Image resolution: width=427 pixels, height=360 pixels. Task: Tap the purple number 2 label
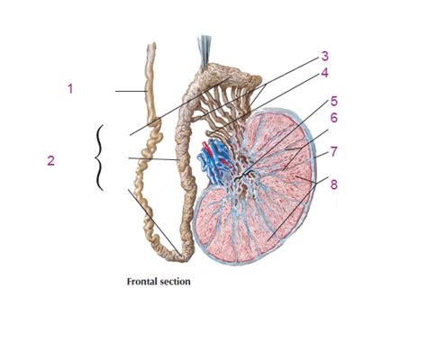(50, 160)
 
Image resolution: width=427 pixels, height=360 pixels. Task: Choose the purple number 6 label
(333, 117)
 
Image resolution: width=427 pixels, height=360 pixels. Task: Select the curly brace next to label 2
(97, 158)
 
